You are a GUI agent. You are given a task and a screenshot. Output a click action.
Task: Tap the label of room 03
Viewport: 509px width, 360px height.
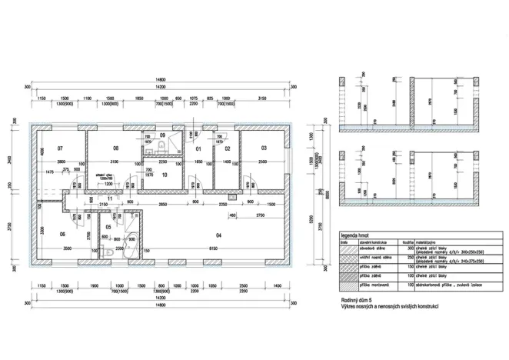point(263,147)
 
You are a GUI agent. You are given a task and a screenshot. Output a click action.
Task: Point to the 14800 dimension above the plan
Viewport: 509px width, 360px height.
point(160,79)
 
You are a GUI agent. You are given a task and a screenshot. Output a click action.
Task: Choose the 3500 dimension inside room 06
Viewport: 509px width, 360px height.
point(67,249)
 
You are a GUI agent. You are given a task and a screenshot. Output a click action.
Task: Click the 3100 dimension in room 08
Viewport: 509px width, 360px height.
point(114,162)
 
